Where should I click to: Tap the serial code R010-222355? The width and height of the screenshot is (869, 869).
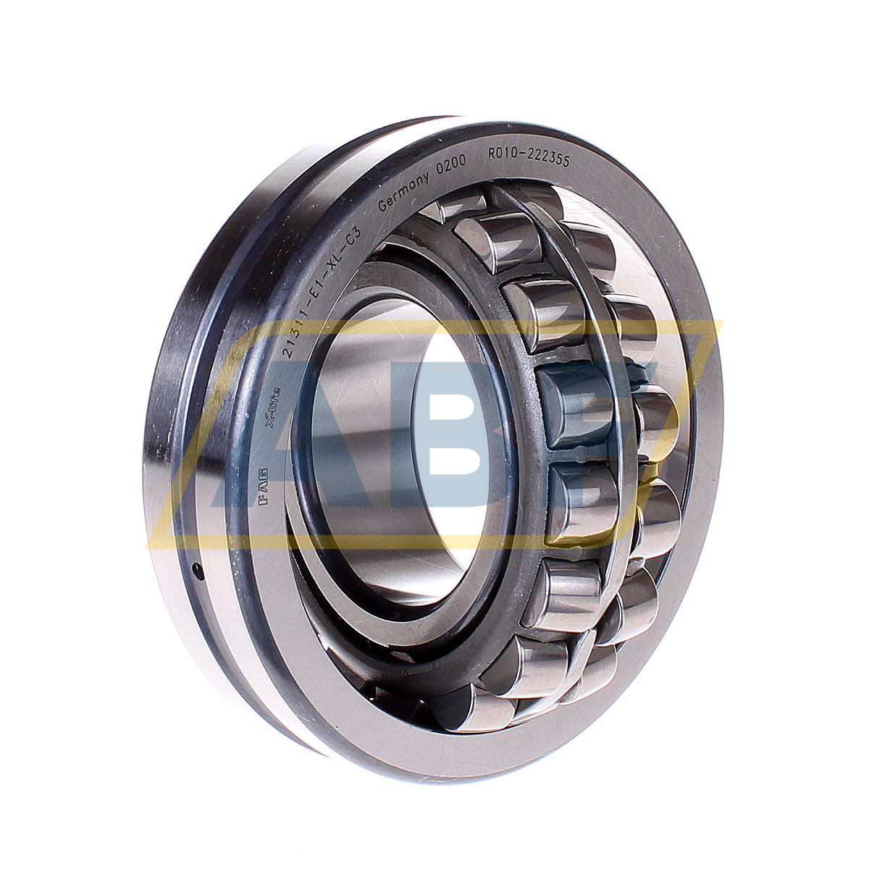click(529, 155)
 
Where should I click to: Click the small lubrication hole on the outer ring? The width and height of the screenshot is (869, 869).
click(196, 570)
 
